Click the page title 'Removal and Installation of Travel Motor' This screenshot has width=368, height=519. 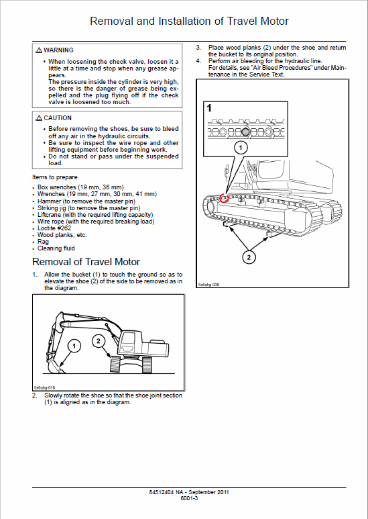pyautogui.click(x=189, y=21)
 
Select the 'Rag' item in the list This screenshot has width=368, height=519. pyautogui.click(x=43, y=242)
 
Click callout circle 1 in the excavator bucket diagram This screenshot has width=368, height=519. pyautogui.click(x=74, y=345)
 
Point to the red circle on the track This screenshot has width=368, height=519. pyautogui.click(x=225, y=197)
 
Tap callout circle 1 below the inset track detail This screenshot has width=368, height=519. pyautogui.click(x=240, y=147)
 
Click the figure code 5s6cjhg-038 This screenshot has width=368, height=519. pyautogui.click(x=210, y=285)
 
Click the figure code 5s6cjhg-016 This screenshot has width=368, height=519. pyautogui.click(x=45, y=387)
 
